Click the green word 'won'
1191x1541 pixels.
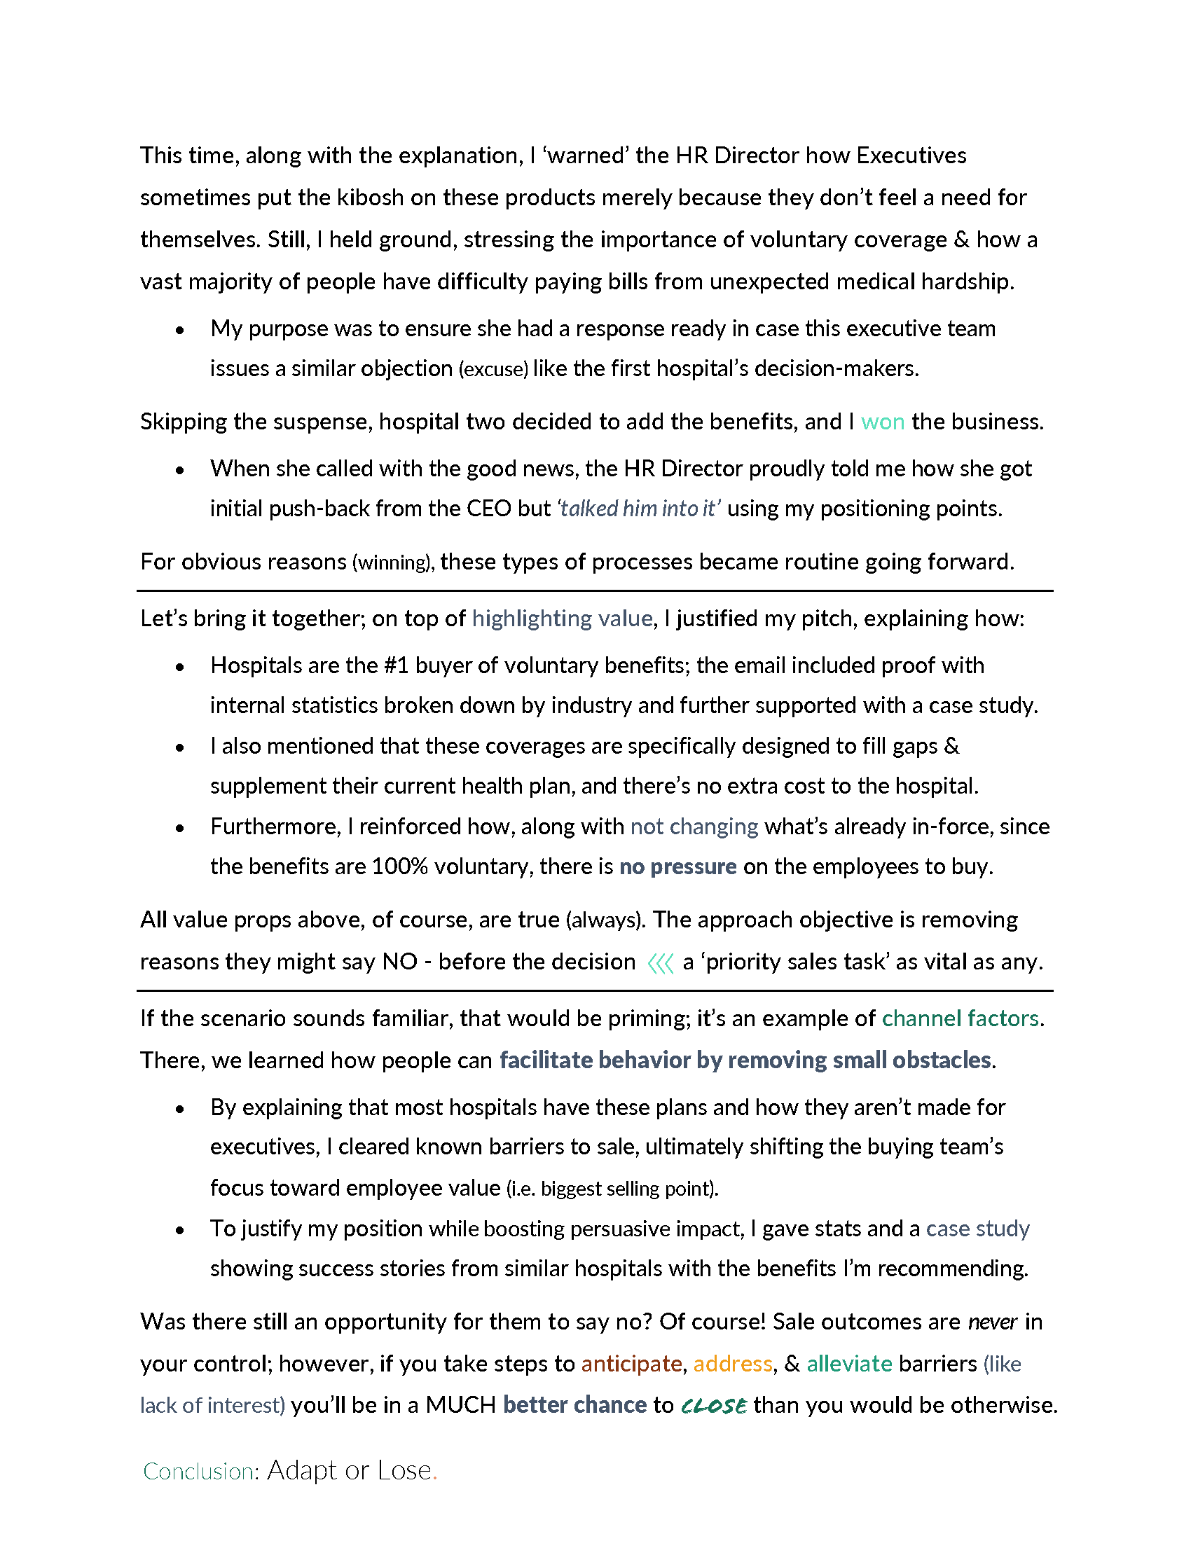[882, 422]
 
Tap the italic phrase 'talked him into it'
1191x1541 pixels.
[638, 509]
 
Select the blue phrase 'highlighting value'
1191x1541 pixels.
[562, 619]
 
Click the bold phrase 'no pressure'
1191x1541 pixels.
[677, 866]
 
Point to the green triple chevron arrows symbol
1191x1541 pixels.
[660, 962]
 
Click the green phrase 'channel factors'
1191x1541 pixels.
[960, 1018]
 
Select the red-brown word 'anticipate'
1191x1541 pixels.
[631, 1363]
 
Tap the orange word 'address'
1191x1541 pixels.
[732, 1363]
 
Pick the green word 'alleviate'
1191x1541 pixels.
[849, 1363]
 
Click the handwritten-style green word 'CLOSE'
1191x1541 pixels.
[713, 1406]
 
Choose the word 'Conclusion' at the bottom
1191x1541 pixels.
[198, 1471]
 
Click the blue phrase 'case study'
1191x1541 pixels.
[977, 1229]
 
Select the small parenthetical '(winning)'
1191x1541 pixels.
[392, 562]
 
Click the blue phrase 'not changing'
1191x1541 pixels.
[694, 827]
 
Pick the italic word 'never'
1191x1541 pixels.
[992, 1322]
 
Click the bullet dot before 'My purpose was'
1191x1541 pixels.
[180, 329]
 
